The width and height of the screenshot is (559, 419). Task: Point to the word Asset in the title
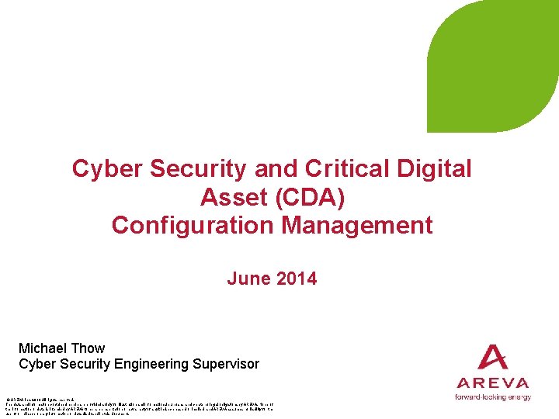tap(232, 198)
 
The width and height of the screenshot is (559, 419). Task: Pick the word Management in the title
tap(356, 226)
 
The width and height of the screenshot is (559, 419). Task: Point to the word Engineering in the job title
tap(154, 364)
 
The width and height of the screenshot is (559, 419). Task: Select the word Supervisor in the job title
tap(226, 364)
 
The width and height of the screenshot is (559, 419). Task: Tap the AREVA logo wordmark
tap(492, 383)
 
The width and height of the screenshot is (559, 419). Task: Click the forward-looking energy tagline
tap(492, 397)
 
